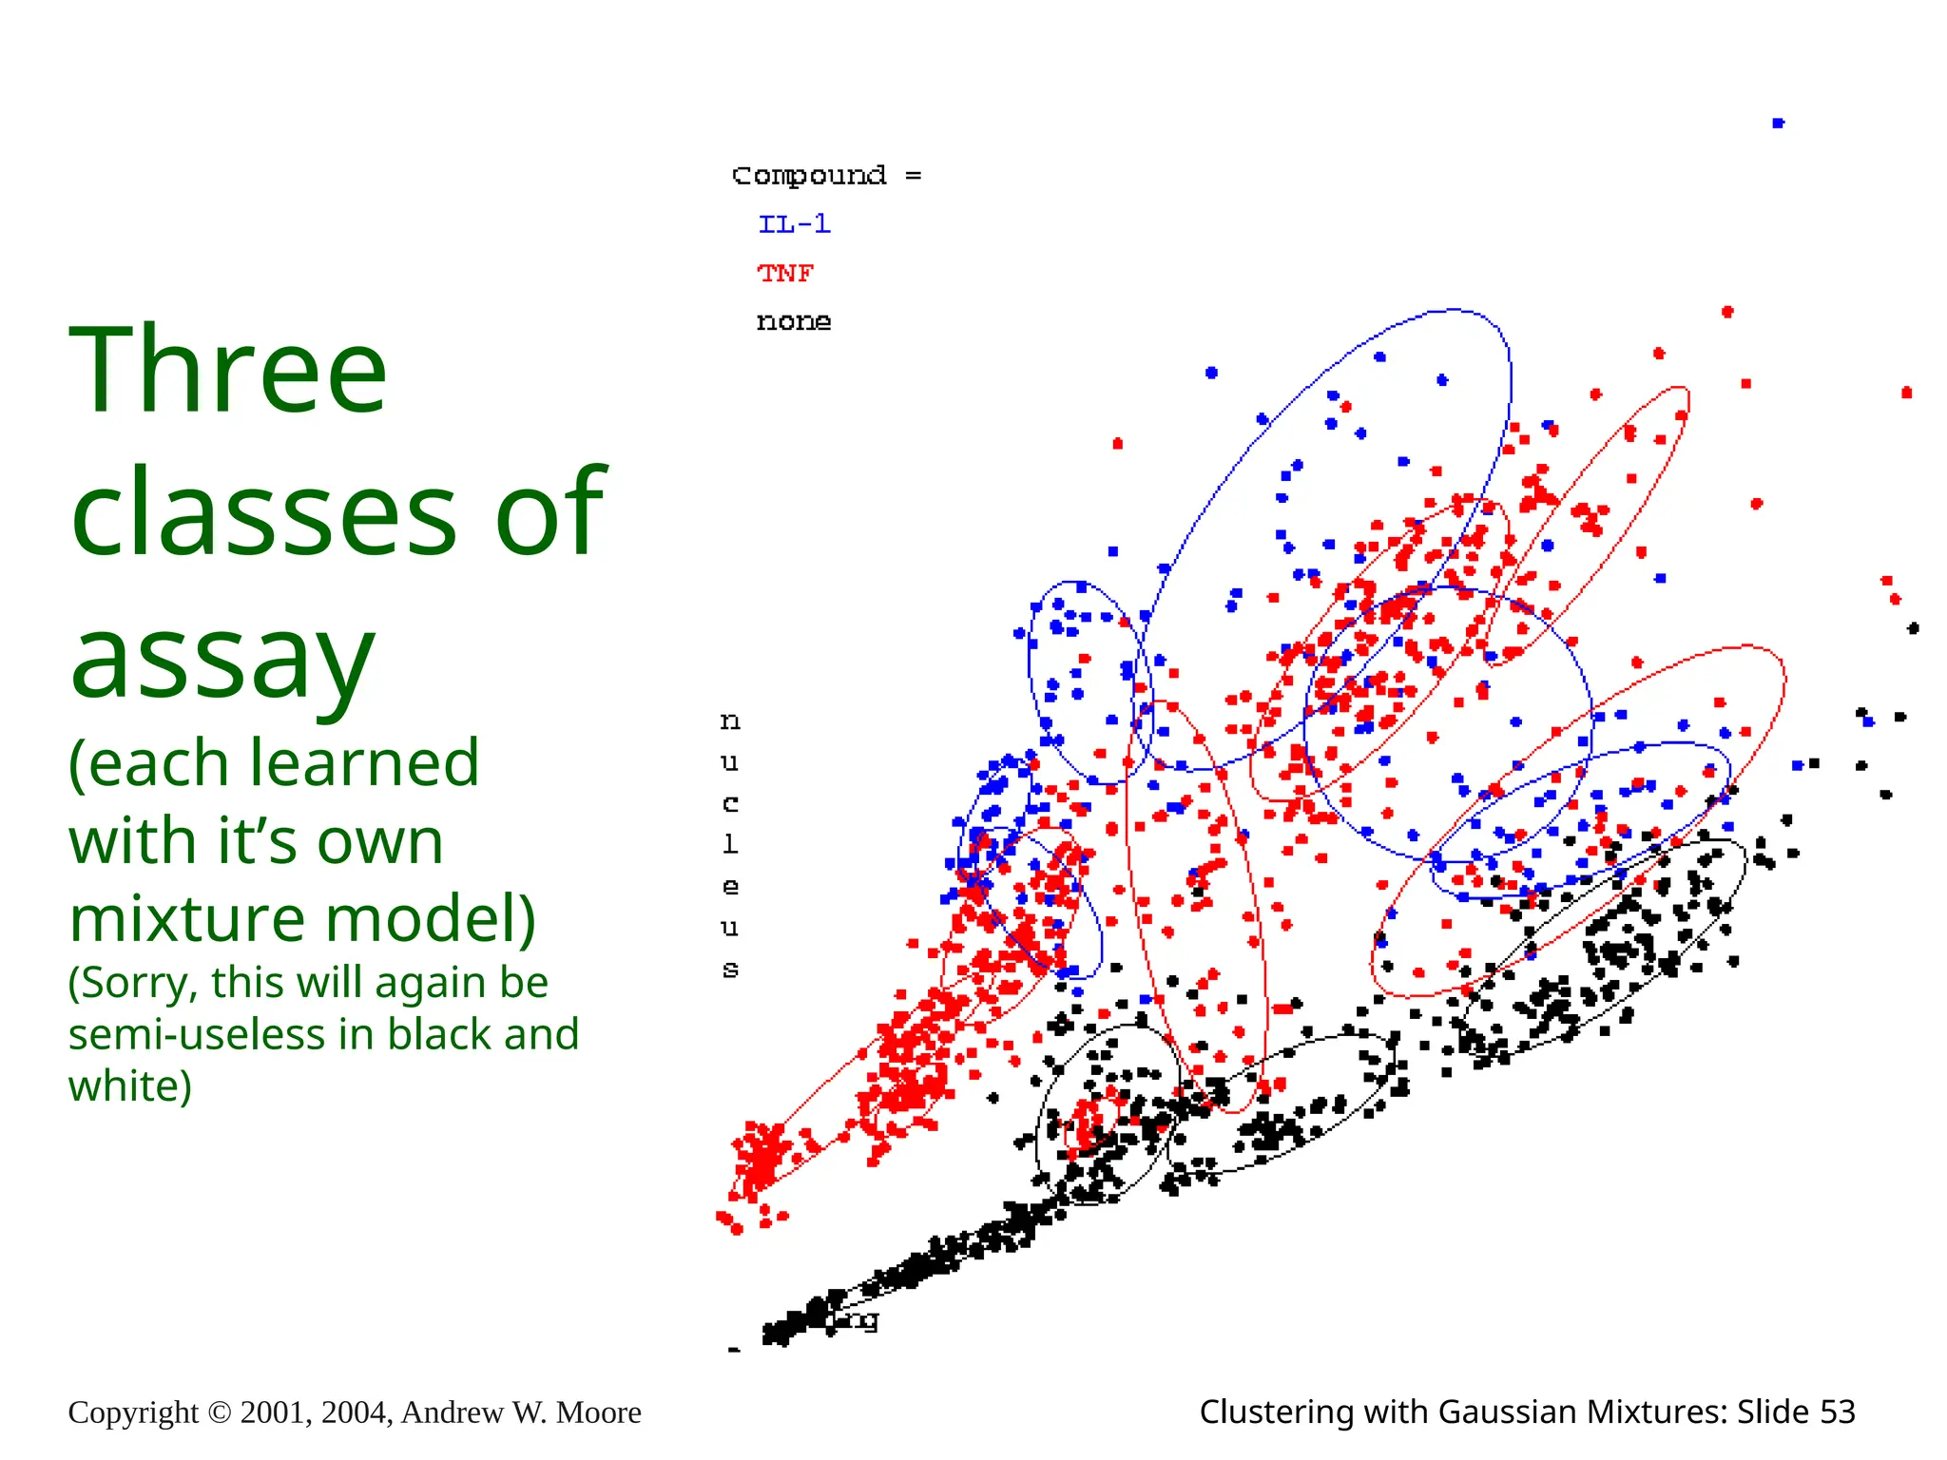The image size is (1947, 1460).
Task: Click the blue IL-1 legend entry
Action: click(x=794, y=224)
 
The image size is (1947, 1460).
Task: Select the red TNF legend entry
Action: click(x=785, y=274)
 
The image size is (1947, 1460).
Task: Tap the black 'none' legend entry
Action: click(x=793, y=322)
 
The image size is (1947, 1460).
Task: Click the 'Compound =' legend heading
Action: click(x=825, y=176)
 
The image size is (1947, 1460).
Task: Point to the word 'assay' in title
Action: click(x=222, y=658)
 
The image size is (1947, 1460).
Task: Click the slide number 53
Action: click(x=1837, y=1412)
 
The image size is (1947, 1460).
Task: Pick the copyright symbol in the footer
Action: click(x=219, y=1412)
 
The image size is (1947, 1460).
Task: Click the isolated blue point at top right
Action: click(x=1778, y=123)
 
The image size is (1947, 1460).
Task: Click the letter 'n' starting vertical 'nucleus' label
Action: click(x=729, y=721)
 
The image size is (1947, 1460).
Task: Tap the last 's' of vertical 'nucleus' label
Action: click(x=729, y=970)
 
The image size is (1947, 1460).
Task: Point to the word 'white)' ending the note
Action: click(x=129, y=1085)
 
